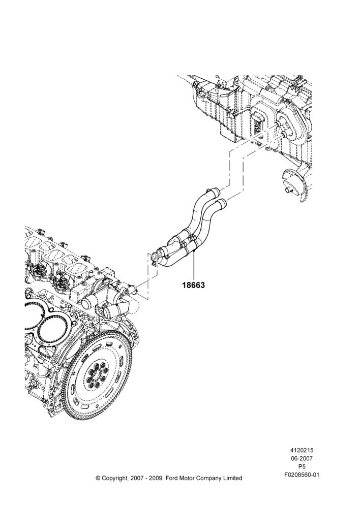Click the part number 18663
[193, 285]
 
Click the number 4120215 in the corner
[302, 450]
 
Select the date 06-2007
[302, 458]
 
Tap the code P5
[302, 467]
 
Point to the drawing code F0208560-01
[302, 475]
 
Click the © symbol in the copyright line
[98, 478]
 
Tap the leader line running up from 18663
[193, 265]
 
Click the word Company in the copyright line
[208, 478]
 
